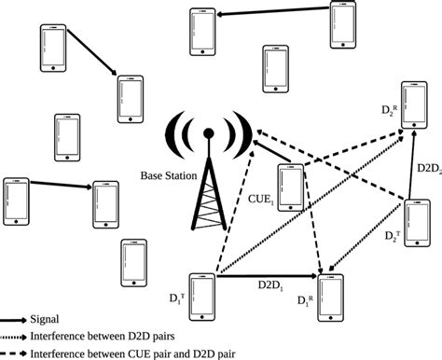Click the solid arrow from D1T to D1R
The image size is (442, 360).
click(x=267, y=275)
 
